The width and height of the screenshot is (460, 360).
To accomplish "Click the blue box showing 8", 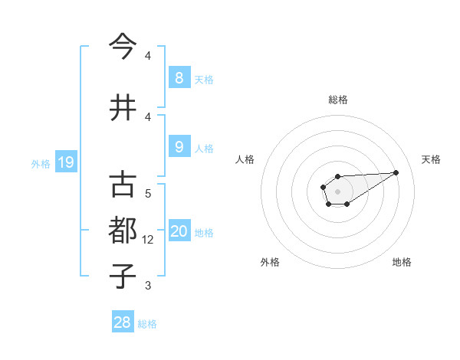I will [179, 77].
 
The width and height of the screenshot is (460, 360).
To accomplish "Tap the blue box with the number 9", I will [179, 147].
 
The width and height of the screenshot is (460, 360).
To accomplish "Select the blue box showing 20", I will [179, 231].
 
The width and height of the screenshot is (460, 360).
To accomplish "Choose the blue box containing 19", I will [65, 162].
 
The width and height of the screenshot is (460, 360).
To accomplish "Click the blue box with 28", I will [123, 322].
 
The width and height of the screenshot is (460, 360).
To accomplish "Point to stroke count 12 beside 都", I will [149, 240].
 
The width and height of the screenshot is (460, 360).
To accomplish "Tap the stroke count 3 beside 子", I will [148, 286].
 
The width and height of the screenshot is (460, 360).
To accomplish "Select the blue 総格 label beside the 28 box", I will [147, 324].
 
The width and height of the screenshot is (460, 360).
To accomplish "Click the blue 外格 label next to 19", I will [40, 163].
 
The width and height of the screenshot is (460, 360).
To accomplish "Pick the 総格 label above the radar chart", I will [338, 100].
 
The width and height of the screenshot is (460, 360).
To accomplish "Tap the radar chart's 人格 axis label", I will [245, 159].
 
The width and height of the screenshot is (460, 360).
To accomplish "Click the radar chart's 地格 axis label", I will [402, 262].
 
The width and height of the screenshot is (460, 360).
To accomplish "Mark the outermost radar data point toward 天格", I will [396, 172].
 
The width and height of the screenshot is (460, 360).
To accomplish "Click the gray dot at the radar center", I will [337, 191].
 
